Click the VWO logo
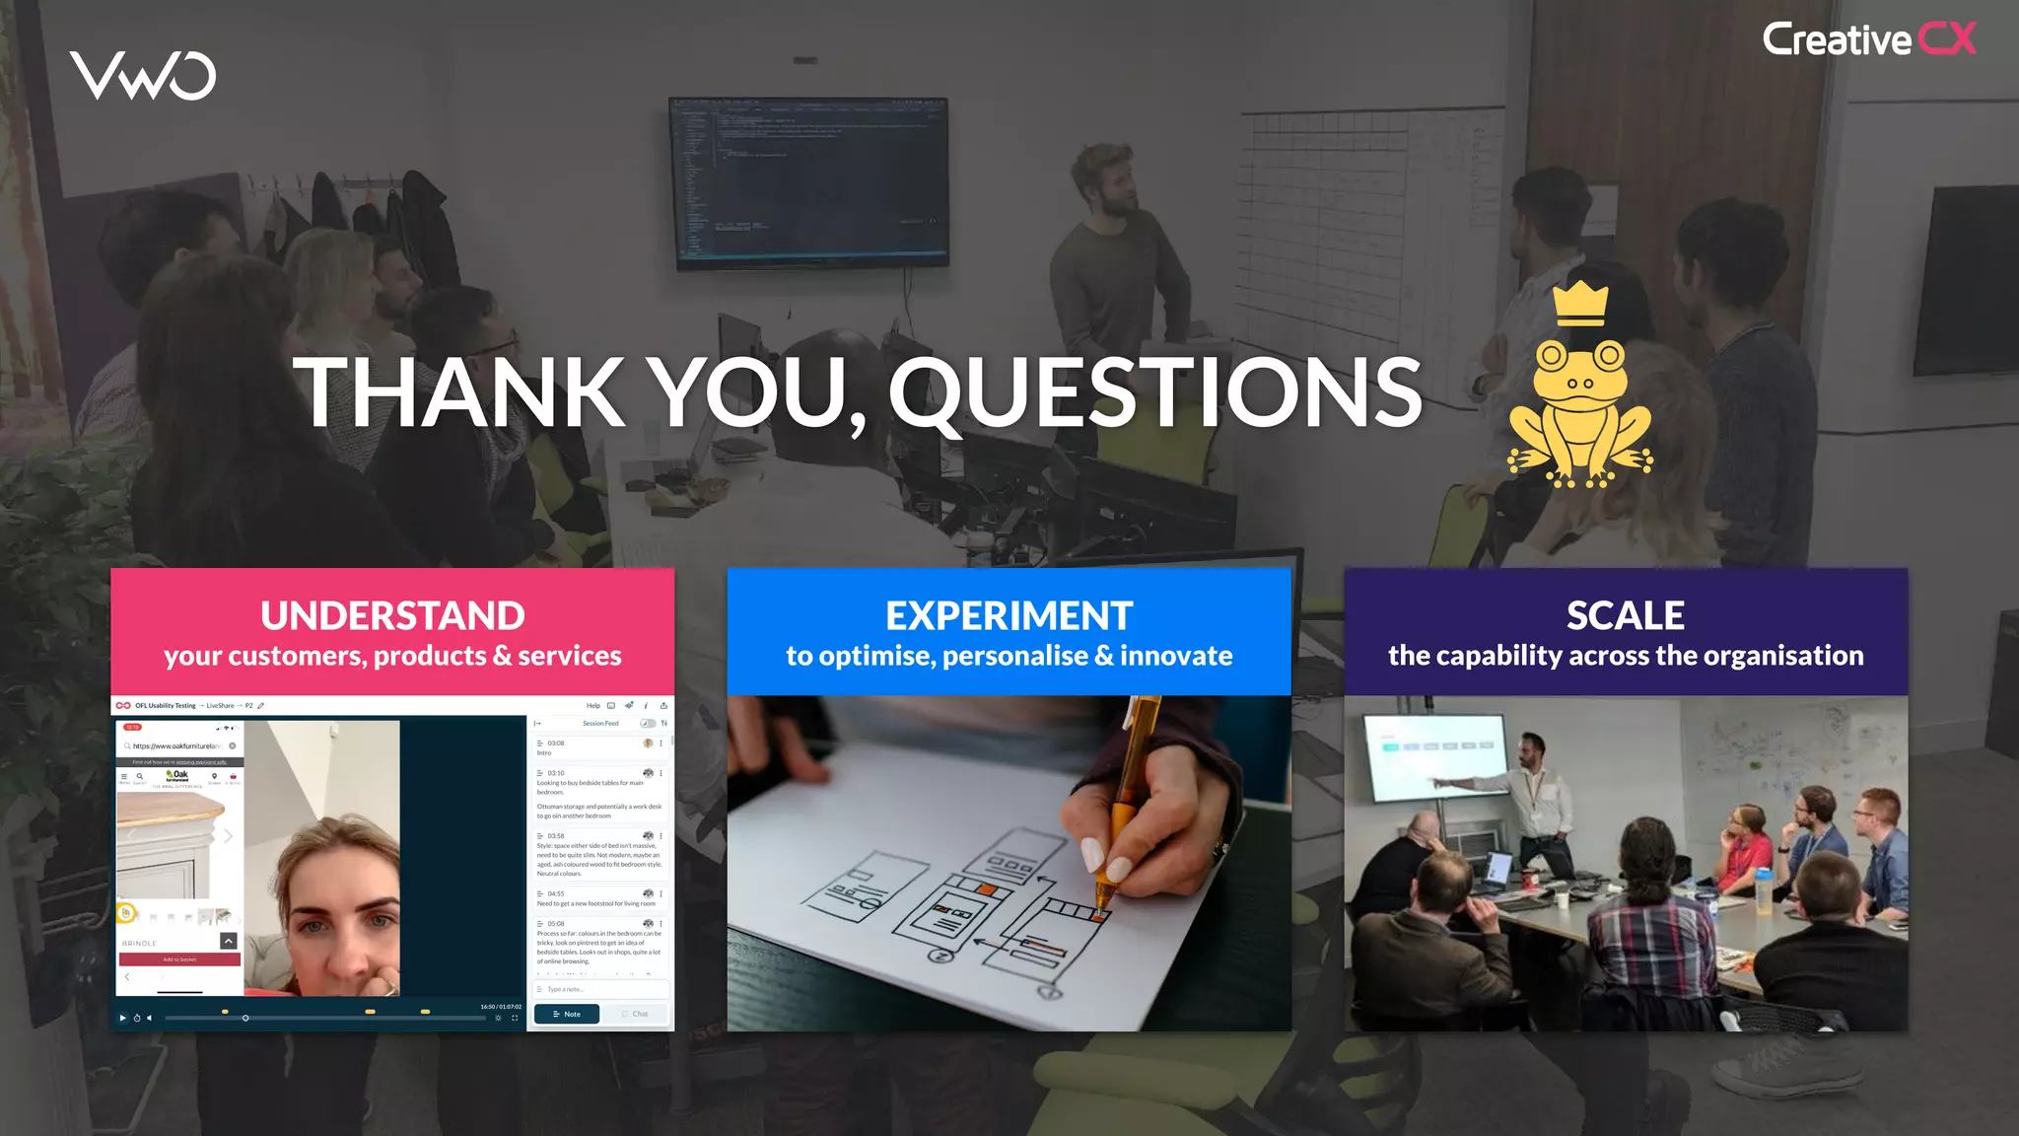(143, 76)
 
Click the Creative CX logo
(1869, 40)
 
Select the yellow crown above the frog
(1580, 304)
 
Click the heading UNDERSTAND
(392, 616)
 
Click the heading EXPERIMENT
(1009, 616)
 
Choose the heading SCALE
(1625, 616)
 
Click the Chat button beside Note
(636, 1014)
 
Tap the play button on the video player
(122, 1018)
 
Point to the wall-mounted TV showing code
(808, 182)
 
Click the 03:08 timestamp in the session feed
(556, 744)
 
